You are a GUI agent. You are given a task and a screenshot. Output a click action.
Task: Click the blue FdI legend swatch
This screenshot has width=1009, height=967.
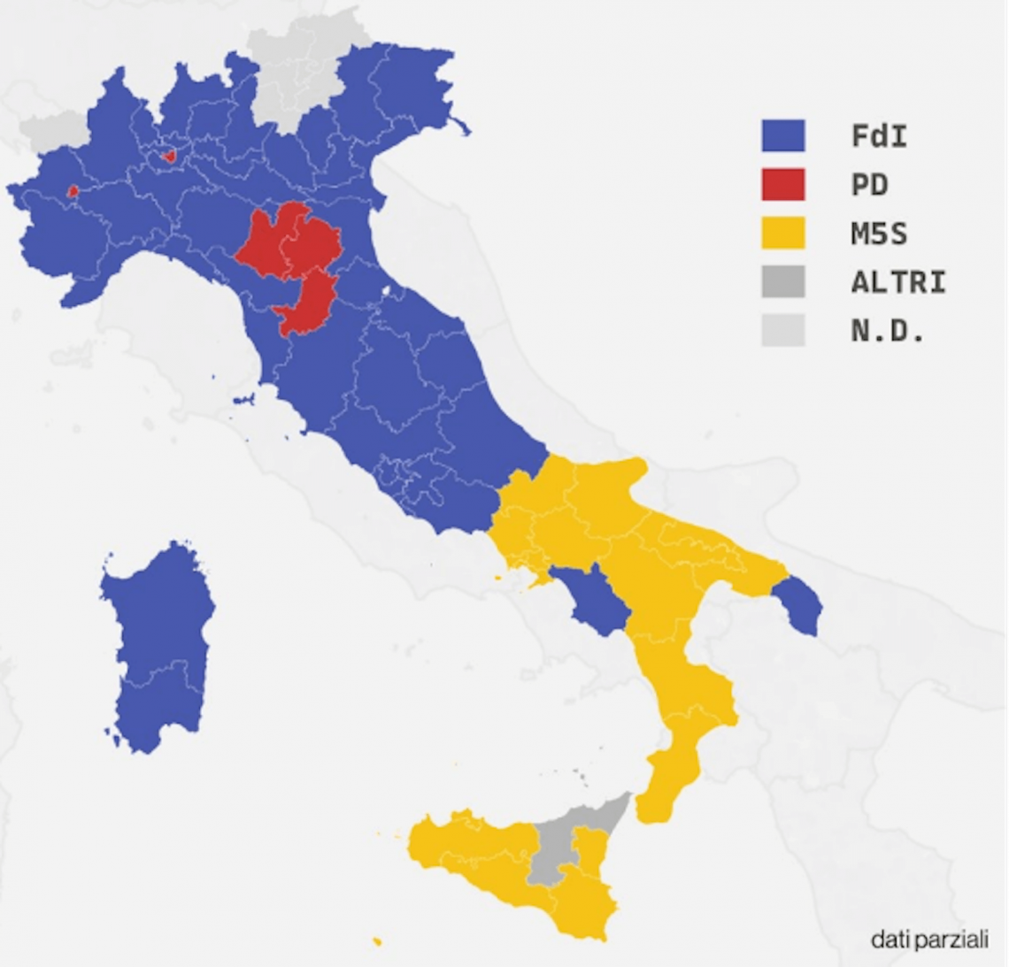(x=783, y=136)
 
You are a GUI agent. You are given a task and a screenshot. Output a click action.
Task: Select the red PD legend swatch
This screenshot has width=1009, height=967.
(x=783, y=185)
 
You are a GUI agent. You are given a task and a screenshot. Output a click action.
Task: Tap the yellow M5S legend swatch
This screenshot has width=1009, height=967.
(x=783, y=234)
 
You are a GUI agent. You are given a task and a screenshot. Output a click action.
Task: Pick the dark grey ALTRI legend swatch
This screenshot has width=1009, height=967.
(x=783, y=282)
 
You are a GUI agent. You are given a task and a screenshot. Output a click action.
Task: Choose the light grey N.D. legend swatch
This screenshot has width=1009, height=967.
(x=783, y=331)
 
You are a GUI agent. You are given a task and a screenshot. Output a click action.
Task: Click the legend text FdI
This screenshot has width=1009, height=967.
(x=879, y=136)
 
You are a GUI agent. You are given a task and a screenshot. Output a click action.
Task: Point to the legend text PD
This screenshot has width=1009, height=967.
(x=869, y=185)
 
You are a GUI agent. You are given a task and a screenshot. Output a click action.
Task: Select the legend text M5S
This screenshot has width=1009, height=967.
(x=879, y=234)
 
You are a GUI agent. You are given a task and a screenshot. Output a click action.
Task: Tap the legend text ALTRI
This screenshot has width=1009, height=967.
(x=898, y=282)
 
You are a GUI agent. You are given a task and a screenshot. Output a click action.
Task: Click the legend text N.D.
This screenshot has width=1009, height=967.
(x=888, y=331)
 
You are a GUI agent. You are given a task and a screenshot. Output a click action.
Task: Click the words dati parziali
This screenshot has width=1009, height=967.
(x=928, y=939)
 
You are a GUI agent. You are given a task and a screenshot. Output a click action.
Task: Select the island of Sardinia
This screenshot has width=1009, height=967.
(x=159, y=646)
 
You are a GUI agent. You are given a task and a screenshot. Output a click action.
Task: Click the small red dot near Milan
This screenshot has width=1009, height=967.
(x=169, y=157)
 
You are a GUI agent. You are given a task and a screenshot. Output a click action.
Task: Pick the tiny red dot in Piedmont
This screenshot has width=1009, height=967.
(x=73, y=190)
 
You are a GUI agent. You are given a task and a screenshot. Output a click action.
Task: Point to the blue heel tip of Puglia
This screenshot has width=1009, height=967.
(x=801, y=606)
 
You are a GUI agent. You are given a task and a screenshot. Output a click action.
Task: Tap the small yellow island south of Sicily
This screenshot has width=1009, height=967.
(x=378, y=940)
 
